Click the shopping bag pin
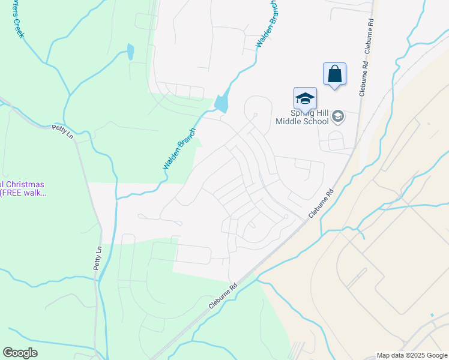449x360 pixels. (334, 74)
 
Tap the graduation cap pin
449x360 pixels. (305, 98)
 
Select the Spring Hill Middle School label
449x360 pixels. (303, 116)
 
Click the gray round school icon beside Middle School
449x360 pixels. (338, 116)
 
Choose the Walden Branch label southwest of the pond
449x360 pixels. (179, 148)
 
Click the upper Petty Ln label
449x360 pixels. (62, 131)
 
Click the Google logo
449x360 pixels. (20, 353)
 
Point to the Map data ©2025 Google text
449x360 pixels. (411, 355)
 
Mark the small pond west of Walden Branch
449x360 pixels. (130, 52)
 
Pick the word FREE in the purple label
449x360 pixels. (18, 193)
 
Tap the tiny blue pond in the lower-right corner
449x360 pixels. (432, 315)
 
